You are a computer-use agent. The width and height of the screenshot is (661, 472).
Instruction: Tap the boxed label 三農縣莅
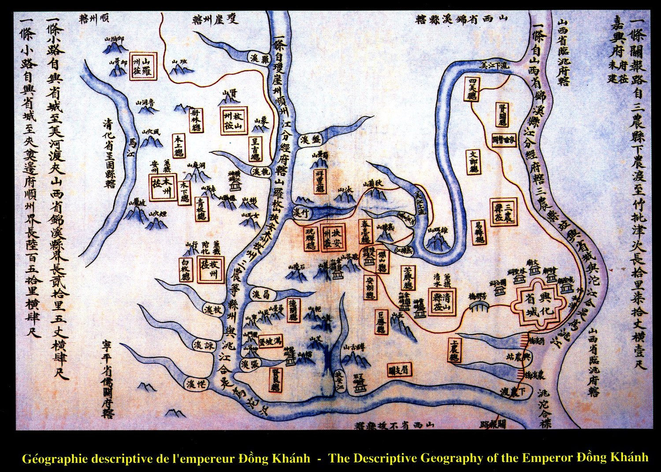click(x=504, y=212)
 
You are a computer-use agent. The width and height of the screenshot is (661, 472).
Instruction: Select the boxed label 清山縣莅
click(x=442, y=302)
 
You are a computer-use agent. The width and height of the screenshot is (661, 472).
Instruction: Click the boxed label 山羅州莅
click(x=143, y=66)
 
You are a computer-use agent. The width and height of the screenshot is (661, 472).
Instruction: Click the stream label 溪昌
click(x=261, y=294)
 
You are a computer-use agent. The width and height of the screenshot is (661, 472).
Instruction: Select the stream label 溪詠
click(x=204, y=346)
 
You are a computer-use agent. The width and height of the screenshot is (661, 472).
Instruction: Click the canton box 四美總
click(x=472, y=89)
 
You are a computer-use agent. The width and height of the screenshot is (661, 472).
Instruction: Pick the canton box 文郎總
click(x=474, y=162)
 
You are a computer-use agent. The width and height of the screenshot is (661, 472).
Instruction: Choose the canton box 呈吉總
click(x=255, y=149)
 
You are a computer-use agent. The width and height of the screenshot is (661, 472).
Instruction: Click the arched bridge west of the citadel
click(x=479, y=305)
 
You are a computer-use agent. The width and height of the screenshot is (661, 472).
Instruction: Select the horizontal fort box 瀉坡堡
click(x=270, y=341)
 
